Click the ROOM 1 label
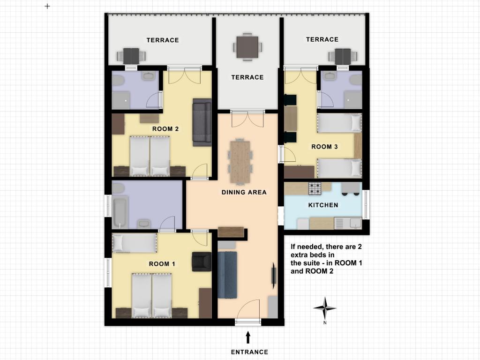[162, 264]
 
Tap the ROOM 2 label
[165, 129]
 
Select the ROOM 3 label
[324, 147]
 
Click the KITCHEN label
[323, 205]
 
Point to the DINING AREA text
[244, 192]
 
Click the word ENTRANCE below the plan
[249, 352]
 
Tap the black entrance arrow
[248, 337]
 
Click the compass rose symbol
[325, 308]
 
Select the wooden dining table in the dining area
[240, 162]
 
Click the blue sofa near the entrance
[227, 275]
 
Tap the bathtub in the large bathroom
[120, 213]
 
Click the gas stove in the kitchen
[315, 189]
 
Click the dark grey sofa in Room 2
[202, 122]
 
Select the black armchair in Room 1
[202, 262]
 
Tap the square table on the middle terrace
[247, 47]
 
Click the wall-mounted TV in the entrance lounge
[274, 276]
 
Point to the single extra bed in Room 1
[135, 243]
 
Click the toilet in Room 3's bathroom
[356, 80]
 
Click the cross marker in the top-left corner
[47, 6]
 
